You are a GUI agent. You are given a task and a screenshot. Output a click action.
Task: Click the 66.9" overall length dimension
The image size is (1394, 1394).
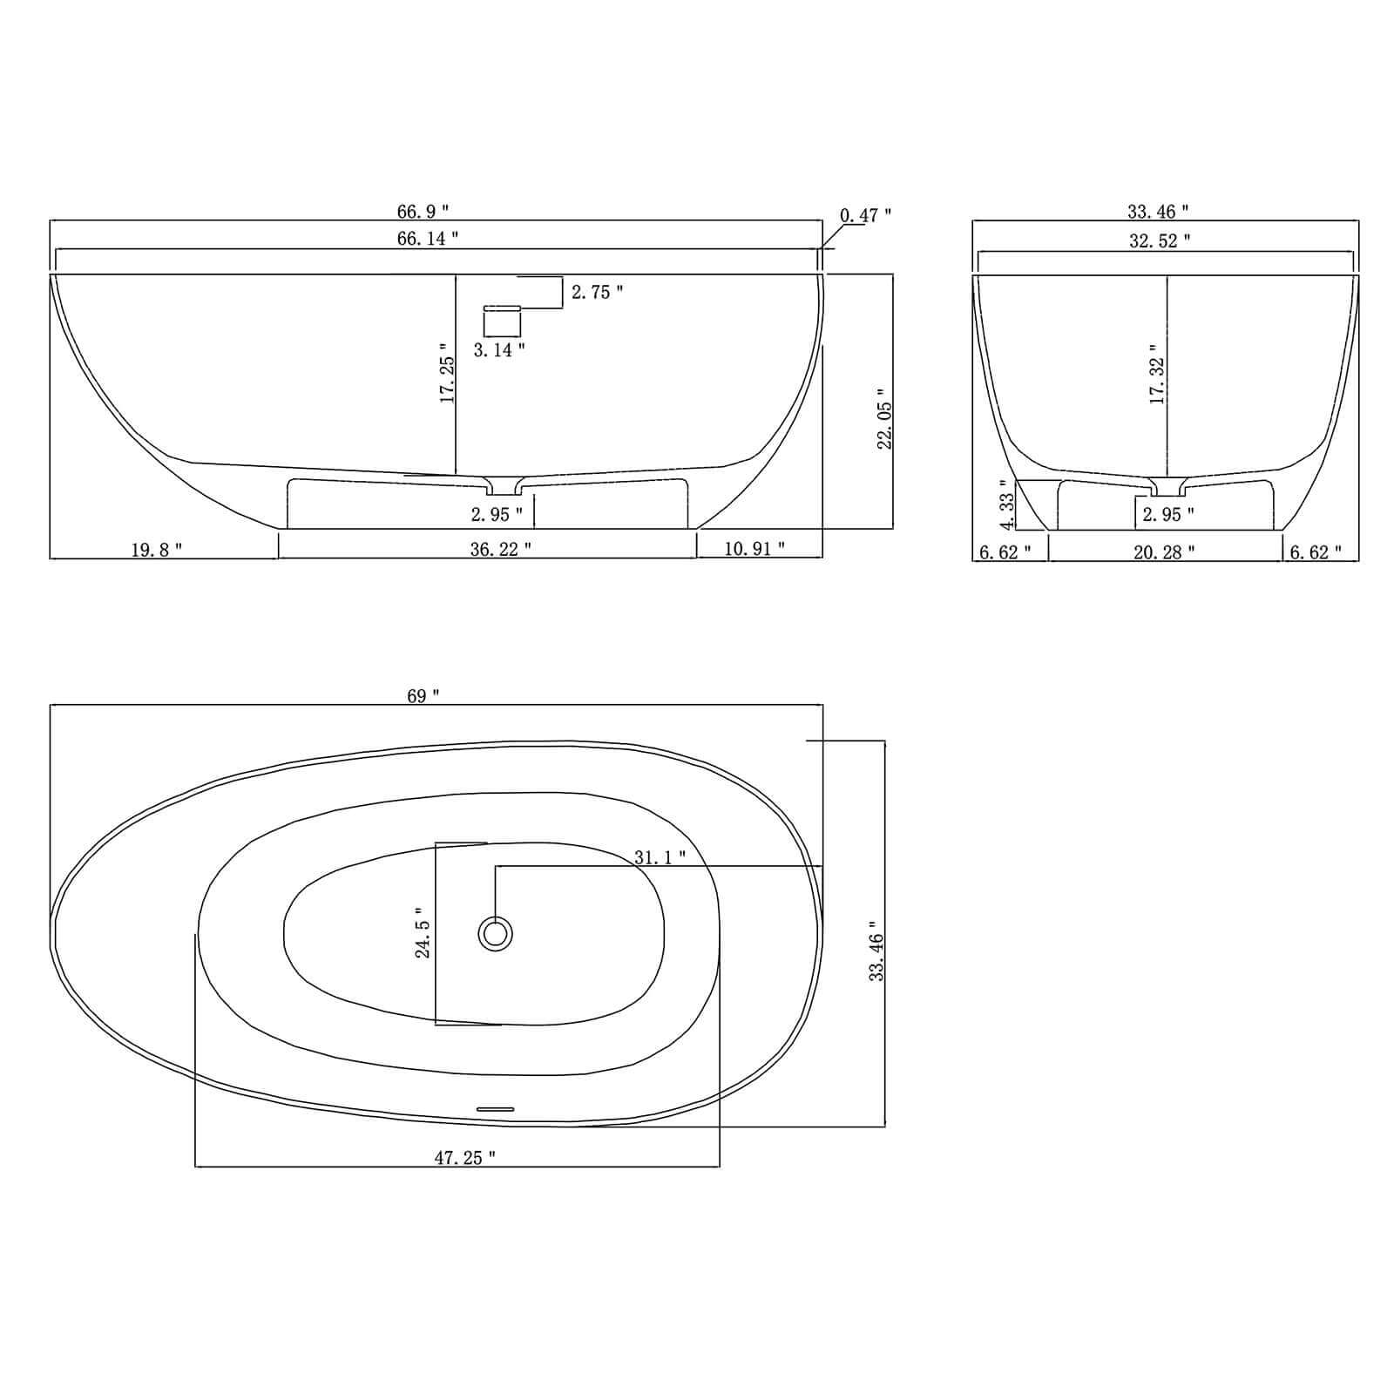[423, 212]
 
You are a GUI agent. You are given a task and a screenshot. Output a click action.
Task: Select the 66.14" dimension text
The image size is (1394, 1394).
[428, 239]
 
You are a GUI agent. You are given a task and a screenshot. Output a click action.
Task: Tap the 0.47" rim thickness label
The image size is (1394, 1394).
[865, 215]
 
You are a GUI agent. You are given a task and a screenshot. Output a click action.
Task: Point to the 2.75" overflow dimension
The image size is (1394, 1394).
[597, 293]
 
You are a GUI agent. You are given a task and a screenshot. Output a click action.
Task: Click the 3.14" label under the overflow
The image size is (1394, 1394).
[499, 350]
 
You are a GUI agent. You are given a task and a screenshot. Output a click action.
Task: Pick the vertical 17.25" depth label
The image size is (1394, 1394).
[448, 379]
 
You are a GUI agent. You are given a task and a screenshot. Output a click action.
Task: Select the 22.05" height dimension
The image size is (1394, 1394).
[885, 419]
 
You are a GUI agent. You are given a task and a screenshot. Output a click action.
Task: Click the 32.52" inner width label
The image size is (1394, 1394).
[1160, 241]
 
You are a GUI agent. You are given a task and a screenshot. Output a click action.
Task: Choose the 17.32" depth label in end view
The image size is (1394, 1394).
[1158, 374]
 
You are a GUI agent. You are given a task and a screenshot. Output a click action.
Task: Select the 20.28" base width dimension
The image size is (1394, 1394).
[1164, 552]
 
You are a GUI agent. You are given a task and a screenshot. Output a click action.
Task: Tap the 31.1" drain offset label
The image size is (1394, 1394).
[660, 857]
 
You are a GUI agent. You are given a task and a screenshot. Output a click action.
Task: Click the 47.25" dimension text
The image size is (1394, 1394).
[465, 1158]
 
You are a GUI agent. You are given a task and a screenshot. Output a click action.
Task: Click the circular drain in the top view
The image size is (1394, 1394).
[496, 934]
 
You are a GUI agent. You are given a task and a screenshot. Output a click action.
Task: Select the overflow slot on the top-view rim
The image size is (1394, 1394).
[495, 1109]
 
